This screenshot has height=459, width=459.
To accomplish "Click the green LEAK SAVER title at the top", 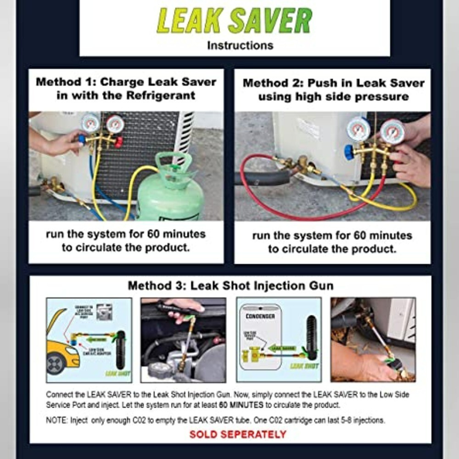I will click(x=235, y=21).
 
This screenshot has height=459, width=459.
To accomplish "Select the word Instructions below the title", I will click(x=240, y=45).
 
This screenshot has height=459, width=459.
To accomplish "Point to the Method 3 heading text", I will click(x=230, y=285).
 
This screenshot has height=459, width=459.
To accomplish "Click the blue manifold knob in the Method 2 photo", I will click(x=349, y=152).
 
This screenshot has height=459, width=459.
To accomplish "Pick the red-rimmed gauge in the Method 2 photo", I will click(x=392, y=132).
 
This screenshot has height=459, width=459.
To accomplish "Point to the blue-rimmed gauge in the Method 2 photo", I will click(x=358, y=129).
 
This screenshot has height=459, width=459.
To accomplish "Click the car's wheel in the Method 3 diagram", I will click(x=55, y=365).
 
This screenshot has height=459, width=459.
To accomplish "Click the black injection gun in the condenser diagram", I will click(x=312, y=337).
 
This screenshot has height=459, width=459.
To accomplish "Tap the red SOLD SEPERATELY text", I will click(x=238, y=434).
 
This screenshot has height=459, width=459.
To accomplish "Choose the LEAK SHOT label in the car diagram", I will click(x=117, y=374).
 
